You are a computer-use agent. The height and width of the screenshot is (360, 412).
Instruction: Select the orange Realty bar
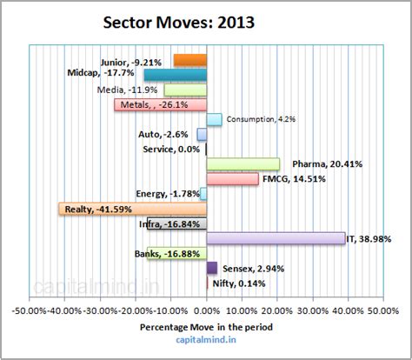click(x=132, y=209)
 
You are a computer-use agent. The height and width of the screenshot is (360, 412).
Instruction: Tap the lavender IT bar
click(x=276, y=238)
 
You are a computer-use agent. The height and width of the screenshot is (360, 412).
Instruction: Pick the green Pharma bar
click(x=243, y=163)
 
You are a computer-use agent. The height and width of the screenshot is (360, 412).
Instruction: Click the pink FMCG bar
click(x=232, y=179)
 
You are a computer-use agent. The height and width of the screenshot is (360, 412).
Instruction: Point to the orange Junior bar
click(x=189, y=60)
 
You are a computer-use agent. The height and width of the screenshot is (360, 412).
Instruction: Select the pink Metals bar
click(x=161, y=105)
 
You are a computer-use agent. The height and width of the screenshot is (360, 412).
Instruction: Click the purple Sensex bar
click(x=211, y=268)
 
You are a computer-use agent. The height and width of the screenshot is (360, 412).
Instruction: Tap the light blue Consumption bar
click(x=214, y=120)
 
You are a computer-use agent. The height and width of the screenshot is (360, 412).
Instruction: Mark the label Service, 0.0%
click(x=171, y=150)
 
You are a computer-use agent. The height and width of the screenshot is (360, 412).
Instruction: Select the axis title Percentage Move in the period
click(x=206, y=327)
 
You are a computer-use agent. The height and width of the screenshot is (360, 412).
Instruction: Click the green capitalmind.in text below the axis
click(x=206, y=342)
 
